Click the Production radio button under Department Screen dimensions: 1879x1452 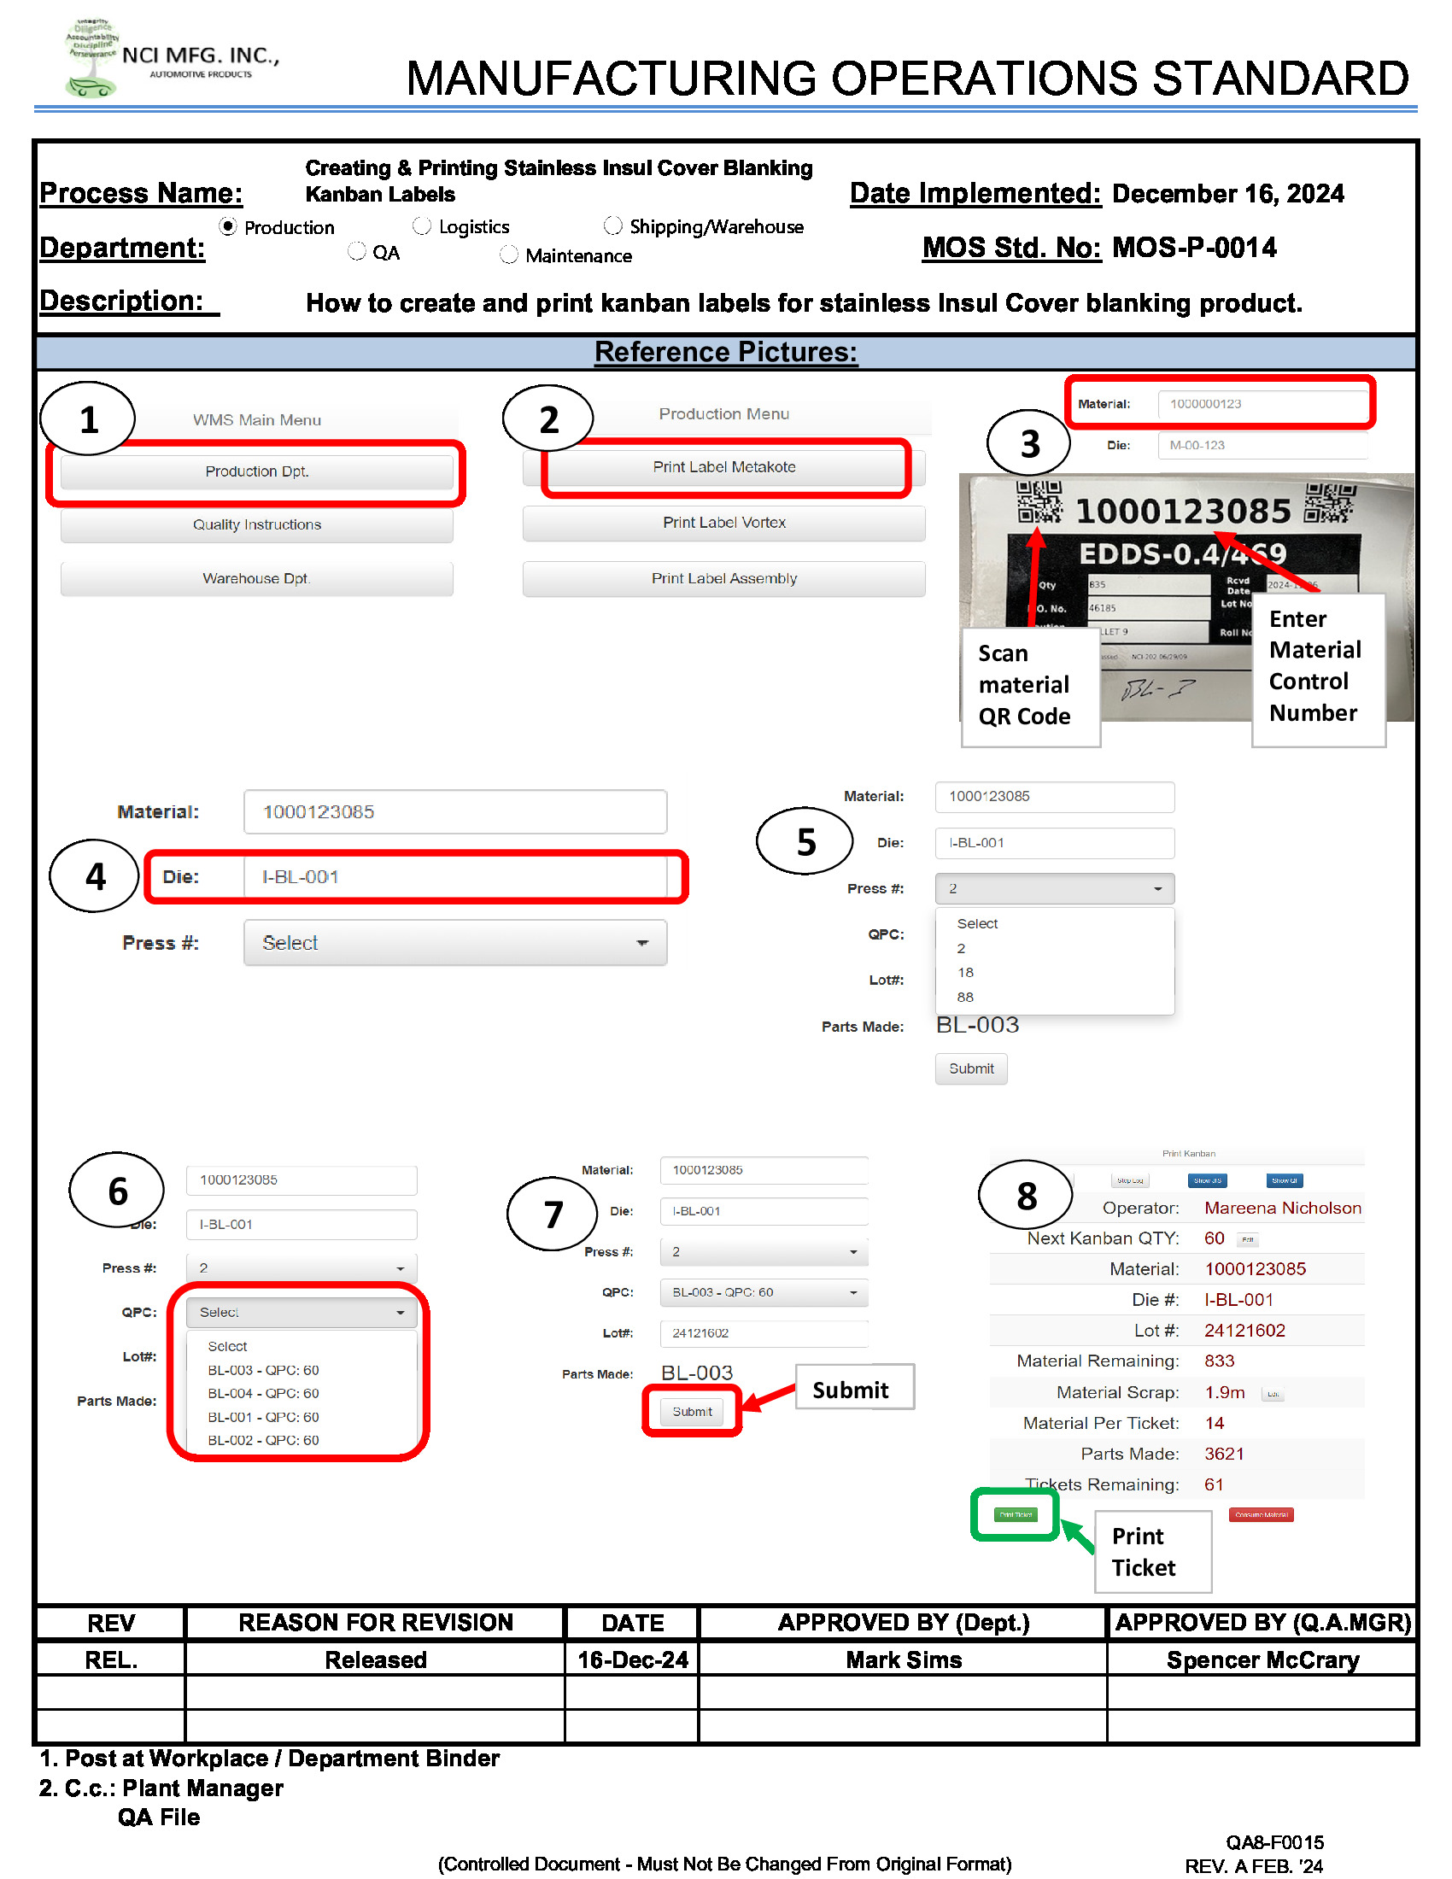[x=228, y=226]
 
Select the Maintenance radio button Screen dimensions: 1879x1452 [x=509, y=255]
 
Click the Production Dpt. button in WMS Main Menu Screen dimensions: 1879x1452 [x=256, y=471]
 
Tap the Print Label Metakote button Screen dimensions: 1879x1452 [x=724, y=467]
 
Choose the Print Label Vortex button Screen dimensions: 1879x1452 [x=724, y=522]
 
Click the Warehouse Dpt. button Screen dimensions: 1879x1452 [x=256, y=578]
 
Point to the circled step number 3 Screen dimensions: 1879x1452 [x=1029, y=444]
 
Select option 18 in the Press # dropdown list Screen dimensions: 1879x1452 [x=965, y=972]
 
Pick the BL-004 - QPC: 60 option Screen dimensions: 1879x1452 [x=263, y=1393]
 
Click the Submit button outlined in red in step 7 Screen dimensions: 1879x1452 [x=692, y=1411]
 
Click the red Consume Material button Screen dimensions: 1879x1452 [x=1261, y=1514]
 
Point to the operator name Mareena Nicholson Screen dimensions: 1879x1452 [x=1282, y=1208]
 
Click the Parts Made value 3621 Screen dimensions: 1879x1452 [x=1223, y=1453]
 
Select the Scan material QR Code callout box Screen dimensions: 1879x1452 [x=1030, y=686]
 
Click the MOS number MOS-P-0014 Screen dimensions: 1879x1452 [x=1194, y=248]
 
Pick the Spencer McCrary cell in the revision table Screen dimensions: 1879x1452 [x=1262, y=1659]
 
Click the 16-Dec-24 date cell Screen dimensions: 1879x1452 [x=632, y=1659]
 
